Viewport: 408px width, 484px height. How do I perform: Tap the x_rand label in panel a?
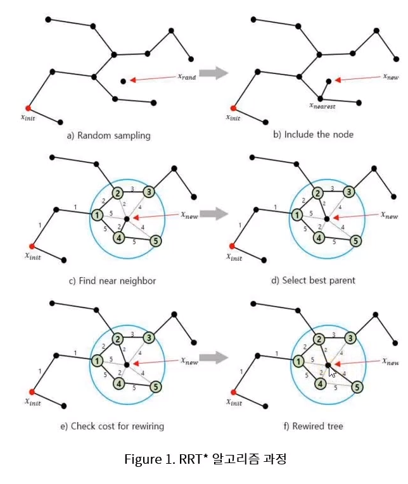point(186,77)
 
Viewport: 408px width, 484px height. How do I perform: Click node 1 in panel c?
point(97,215)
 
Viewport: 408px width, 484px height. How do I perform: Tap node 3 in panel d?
point(348,192)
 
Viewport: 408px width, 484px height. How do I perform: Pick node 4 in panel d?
point(319,239)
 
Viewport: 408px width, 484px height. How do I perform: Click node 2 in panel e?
point(117,338)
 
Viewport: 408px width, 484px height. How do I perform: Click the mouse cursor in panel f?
point(333,370)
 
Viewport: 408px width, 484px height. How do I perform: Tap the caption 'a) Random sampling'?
point(108,135)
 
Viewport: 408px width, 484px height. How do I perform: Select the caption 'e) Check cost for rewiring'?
point(112,426)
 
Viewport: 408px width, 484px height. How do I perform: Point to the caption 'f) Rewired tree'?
point(317,426)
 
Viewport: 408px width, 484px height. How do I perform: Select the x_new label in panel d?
point(390,216)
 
